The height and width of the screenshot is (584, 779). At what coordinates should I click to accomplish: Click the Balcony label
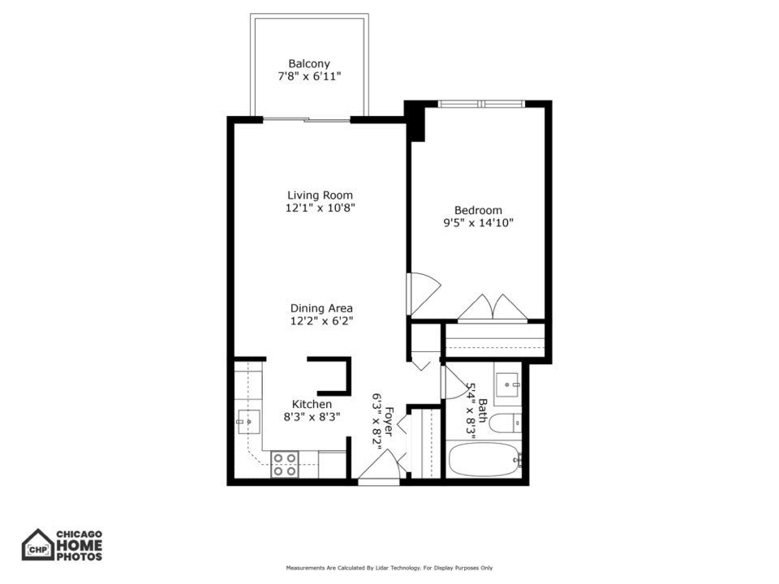(x=309, y=63)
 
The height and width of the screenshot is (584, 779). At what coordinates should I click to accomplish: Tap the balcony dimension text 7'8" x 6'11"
(x=309, y=76)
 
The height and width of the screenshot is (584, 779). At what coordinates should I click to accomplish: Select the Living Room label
(x=320, y=195)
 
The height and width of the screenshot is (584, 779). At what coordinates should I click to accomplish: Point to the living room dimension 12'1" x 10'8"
(x=320, y=208)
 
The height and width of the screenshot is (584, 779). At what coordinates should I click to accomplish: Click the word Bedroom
(x=478, y=209)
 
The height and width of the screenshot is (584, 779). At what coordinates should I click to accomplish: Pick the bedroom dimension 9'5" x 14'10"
(x=478, y=222)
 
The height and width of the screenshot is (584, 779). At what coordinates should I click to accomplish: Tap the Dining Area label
(x=321, y=308)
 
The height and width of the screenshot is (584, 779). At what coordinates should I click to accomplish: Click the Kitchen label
(x=312, y=404)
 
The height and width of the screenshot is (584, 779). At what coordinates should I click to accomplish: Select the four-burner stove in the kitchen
(x=284, y=464)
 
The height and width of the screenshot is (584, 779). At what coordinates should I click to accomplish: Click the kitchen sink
(x=248, y=420)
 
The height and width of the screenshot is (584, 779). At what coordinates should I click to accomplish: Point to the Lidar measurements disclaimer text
(x=389, y=568)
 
